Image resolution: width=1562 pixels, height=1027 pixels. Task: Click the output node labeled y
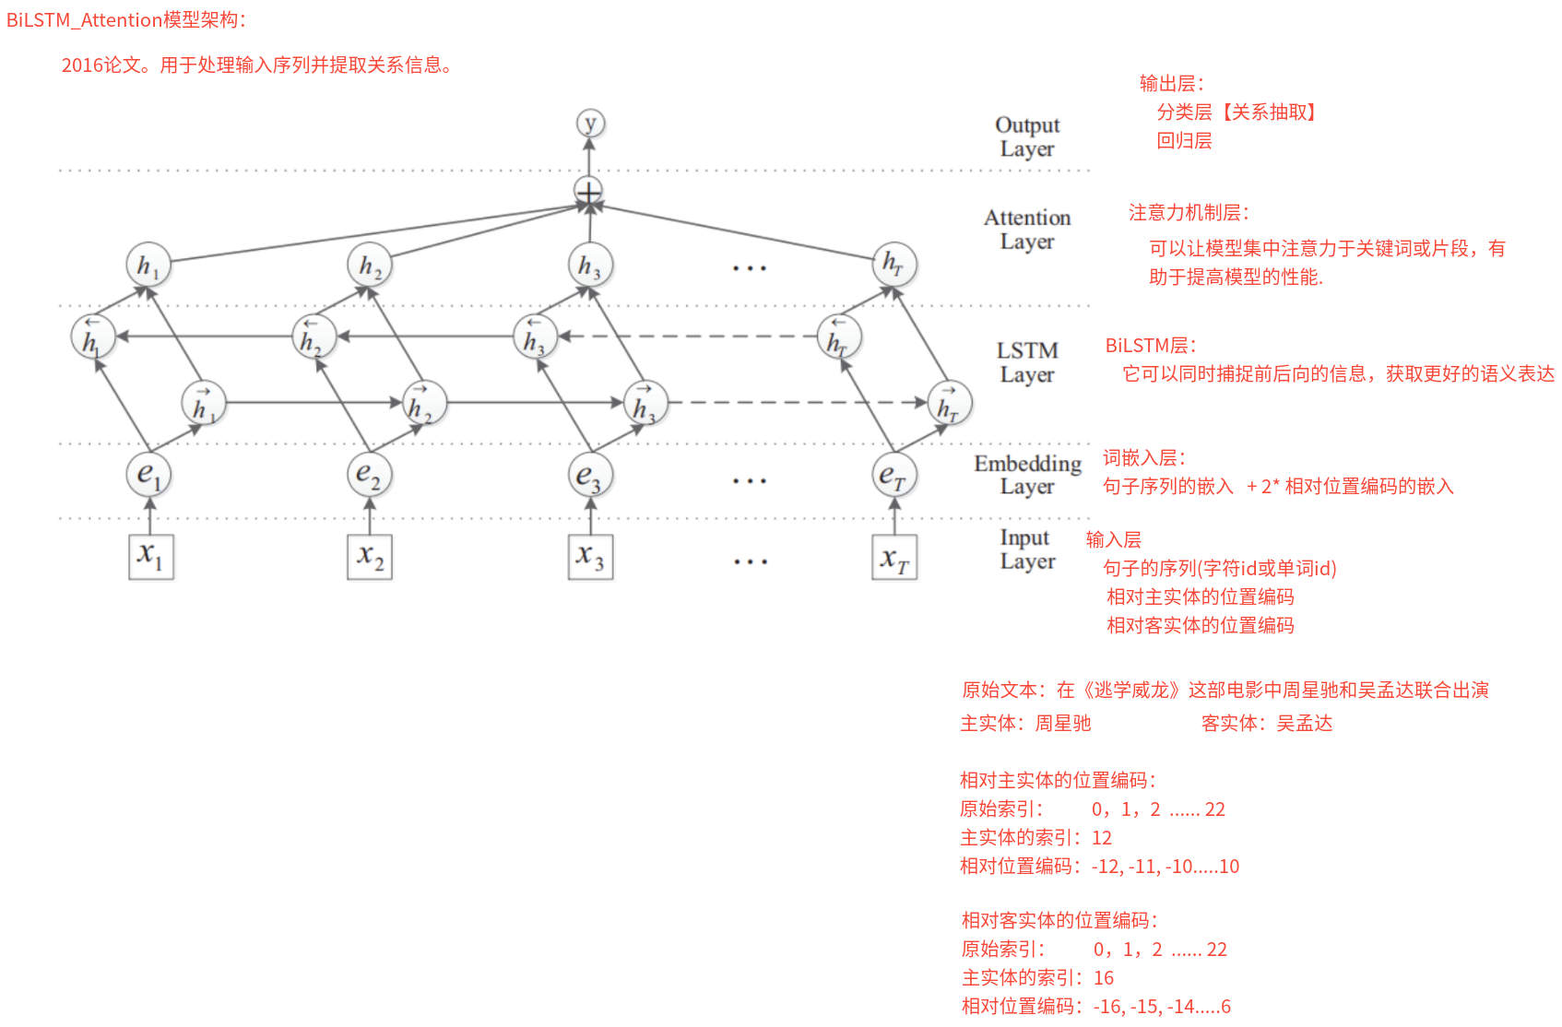[x=590, y=124]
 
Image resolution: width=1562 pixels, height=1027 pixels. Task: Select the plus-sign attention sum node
[x=589, y=191]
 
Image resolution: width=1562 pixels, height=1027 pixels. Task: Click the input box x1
[x=150, y=557]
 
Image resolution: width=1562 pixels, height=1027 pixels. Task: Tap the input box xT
[x=894, y=557]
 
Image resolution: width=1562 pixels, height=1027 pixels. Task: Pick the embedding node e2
[x=370, y=474]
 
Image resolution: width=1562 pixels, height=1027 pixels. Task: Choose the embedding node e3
[x=591, y=474]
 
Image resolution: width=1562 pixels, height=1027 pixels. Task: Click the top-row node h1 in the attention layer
[x=148, y=265]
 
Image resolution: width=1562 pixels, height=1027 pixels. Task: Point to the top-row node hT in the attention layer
[x=894, y=265]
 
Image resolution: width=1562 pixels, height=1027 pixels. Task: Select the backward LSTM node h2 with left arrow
[x=314, y=336]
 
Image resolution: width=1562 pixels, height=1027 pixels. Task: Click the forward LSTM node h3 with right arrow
[x=645, y=402]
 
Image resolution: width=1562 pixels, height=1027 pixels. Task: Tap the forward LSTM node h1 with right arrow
[x=204, y=402]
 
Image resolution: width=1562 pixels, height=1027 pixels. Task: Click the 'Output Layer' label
[x=1027, y=136]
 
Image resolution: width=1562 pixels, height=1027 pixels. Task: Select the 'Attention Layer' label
[x=1027, y=230]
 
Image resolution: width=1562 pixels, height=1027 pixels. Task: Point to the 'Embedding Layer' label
[x=1028, y=475]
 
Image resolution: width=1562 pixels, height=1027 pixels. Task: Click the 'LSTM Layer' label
[x=1027, y=362]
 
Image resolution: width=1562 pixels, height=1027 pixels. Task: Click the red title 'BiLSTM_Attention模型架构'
[x=126, y=19]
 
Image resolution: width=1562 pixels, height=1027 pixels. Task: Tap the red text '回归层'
[x=1184, y=141]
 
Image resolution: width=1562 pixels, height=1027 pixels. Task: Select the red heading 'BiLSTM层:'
[x=1151, y=345]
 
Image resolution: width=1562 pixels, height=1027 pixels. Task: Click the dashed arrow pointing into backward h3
[x=688, y=336]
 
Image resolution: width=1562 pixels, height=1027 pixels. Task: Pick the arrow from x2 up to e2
[x=370, y=515]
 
